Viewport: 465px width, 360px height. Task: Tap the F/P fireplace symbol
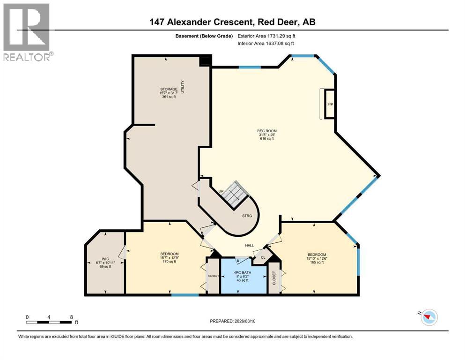click(x=329, y=104)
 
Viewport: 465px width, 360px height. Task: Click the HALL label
click(x=250, y=245)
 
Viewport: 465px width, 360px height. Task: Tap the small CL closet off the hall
click(x=263, y=257)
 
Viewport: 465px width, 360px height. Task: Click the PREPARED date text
click(x=233, y=321)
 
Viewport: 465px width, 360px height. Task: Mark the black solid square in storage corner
click(x=205, y=61)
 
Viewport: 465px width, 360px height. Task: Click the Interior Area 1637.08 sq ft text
click(x=267, y=43)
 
